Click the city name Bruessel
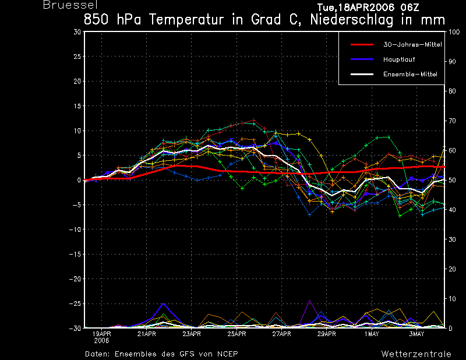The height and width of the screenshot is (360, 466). (x=70, y=5)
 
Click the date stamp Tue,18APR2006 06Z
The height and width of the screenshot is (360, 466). (x=368, y=7)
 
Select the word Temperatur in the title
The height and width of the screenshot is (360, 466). (x=186, y=20)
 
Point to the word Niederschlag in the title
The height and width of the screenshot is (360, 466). (x=352, y=20)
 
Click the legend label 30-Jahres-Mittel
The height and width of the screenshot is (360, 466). (x=412, y=45)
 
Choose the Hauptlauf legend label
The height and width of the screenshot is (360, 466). (x=399, y=59)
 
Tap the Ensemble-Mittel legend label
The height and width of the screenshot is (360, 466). (x=410, y=75)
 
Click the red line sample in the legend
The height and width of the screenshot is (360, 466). (x=362, y=45)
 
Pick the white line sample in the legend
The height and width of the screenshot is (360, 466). (x=362, y=75)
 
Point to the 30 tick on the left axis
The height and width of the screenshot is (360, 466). (x=77, y=32)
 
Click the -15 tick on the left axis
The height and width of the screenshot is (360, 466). (x=75, y=254)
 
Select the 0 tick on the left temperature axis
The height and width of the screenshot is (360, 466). (x=79, y=180)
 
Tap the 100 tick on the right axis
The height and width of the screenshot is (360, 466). (x=454, y=32)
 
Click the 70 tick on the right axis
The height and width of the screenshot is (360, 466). (x=452, y=121)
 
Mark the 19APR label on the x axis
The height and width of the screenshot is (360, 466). (x=101, y=334)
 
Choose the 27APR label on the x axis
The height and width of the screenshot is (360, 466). (x=281, y=334)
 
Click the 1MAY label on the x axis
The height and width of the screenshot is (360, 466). (x=372, y=334)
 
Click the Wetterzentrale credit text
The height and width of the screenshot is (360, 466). (x=416, y=354)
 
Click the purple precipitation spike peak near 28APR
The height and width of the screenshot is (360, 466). (x=310, y=301)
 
